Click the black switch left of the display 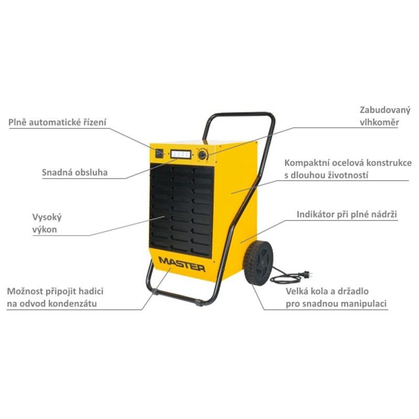point(159,152)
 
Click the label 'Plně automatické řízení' point(58,122)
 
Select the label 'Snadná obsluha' point(75,172)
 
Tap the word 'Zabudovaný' point(385,110)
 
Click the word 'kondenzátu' point(70,303)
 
